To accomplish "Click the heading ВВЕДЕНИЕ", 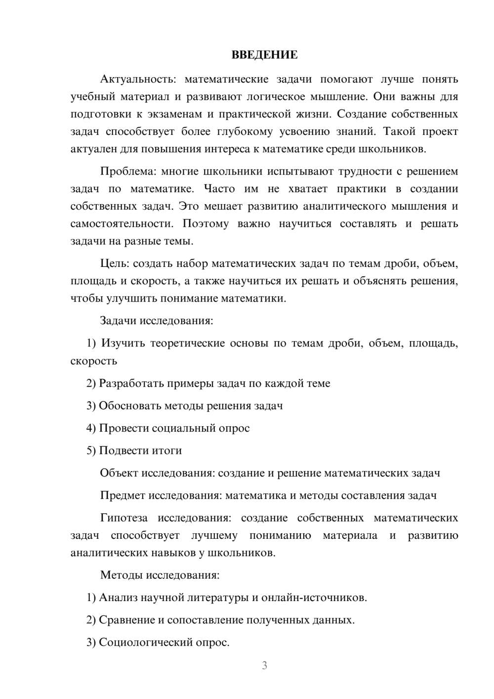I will (x=264, y=55).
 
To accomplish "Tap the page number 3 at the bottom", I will (x=264, y=665).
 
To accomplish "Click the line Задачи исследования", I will (x=157, y=320).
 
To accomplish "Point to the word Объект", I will (x=119, y=473).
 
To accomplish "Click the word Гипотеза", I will (x=123, y=518).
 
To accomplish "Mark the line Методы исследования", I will (x=160, y=575).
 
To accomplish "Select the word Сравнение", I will (x=126, y=620).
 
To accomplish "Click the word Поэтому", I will (x=206, y=223).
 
